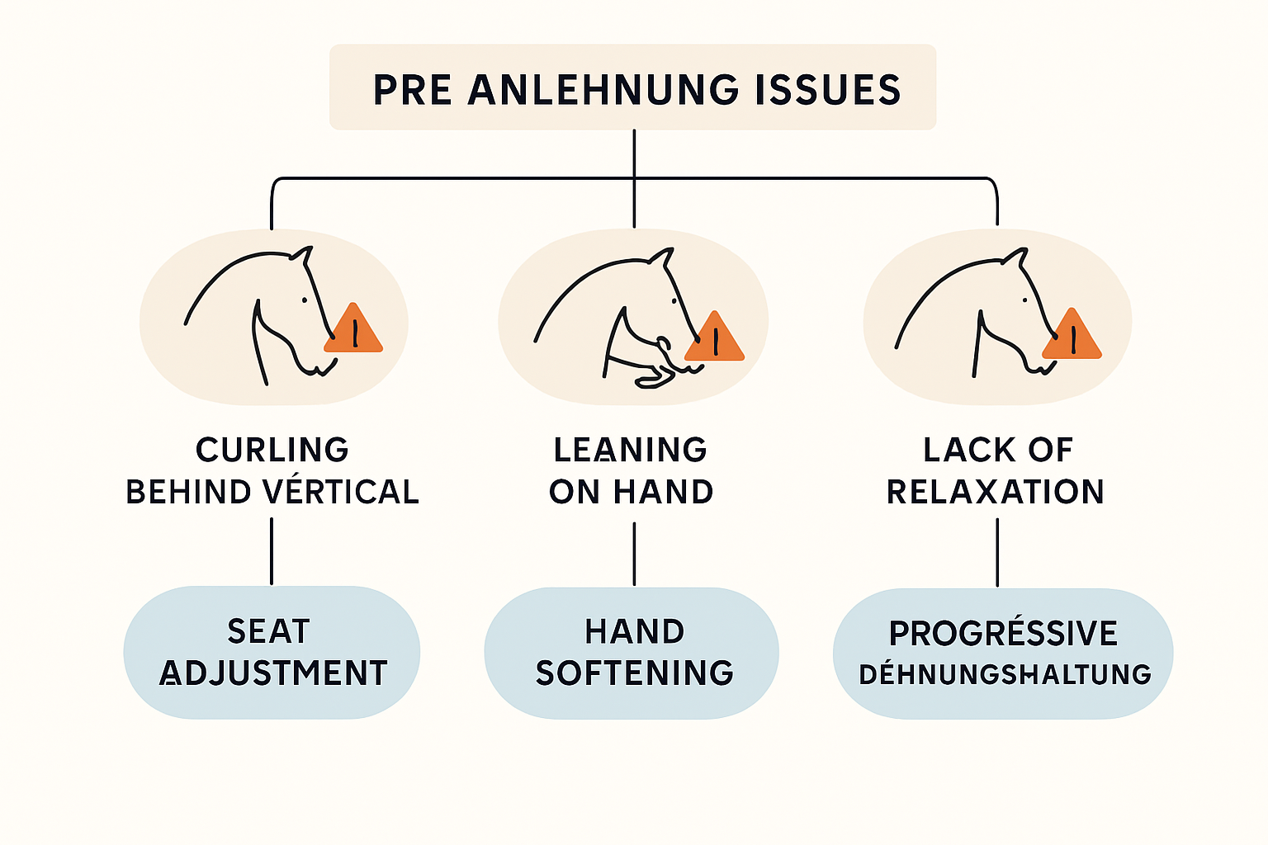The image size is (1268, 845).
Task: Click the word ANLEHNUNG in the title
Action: tap(603, 89)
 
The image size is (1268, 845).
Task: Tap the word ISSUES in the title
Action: tap(828, 89)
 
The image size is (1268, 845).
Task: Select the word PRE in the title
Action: tap(413, 89)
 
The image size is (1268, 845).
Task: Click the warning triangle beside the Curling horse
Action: tap(354, 328)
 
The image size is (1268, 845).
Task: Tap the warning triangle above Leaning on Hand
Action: tap(714, 337)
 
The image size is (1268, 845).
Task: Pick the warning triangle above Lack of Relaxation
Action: tap(1072, 334)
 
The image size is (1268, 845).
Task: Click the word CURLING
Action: tap(272, 450)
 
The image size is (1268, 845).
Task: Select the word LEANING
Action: tap(630, 450)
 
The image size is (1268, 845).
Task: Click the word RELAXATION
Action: tap(996, 491)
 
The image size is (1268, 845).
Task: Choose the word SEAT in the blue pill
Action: tap(269, 631)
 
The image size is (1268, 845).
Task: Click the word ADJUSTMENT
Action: tap(273, 673)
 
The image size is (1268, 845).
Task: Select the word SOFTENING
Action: tap(635, 673)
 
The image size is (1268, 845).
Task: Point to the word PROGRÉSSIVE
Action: tap(1003, 631)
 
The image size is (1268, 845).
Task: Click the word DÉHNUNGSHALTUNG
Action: tap(1005, 673)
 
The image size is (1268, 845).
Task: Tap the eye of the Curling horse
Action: tap(305, 300)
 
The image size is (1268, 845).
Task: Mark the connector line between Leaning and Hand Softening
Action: tap(634, 554)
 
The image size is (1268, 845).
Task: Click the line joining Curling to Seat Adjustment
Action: tap(272, 551)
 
